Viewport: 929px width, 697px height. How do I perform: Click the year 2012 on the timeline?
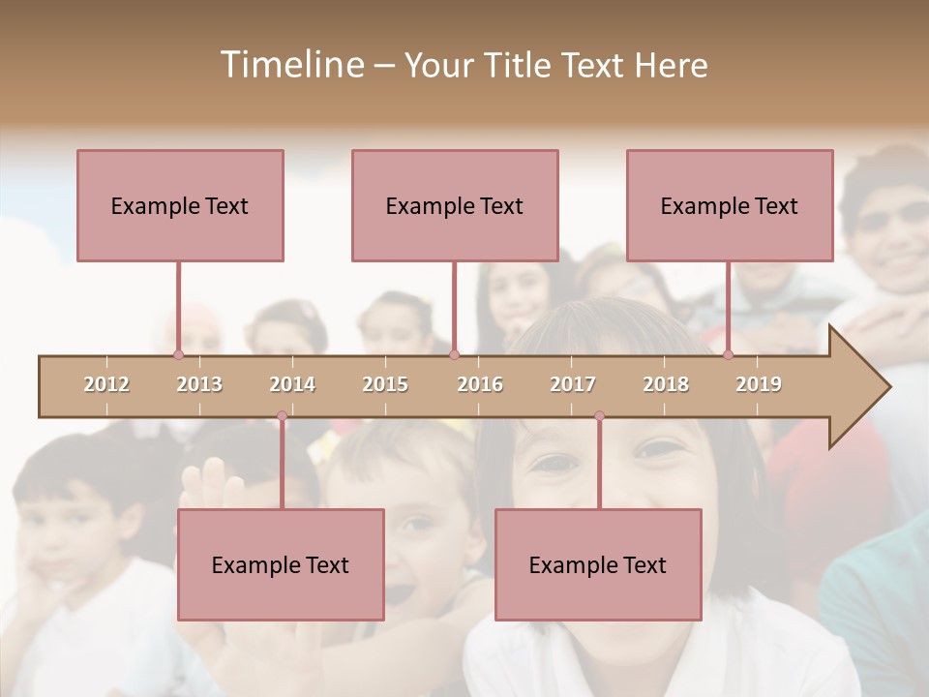tap(106, 384)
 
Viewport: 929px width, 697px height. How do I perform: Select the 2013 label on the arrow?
tap(199, 384)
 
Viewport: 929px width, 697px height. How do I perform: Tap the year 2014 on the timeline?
tap(292, 384)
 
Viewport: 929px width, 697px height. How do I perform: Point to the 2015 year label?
tap(385, 384)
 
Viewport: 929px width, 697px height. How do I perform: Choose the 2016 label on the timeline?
tap(480, 384)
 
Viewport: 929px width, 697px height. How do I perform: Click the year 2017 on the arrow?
tap(573, 384)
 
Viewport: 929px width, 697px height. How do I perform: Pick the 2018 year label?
tap(666, 384)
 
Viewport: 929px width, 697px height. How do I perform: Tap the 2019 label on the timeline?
tap(759, 384)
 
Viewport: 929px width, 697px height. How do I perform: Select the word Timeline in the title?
tap(290, 65)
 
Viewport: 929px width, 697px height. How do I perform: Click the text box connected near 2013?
tap(180, 205)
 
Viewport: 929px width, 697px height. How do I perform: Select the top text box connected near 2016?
tap(455, 205)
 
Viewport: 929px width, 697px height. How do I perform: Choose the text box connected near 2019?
tap(730, 205)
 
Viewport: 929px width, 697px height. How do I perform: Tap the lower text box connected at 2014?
tap(281, 564)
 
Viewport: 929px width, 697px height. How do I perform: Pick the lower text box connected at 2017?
tap(598, 564)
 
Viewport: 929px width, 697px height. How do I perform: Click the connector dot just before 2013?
tap(178, 355)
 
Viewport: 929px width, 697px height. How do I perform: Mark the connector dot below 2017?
tap(599, 416)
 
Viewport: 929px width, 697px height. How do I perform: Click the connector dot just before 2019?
tap(728, 355)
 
